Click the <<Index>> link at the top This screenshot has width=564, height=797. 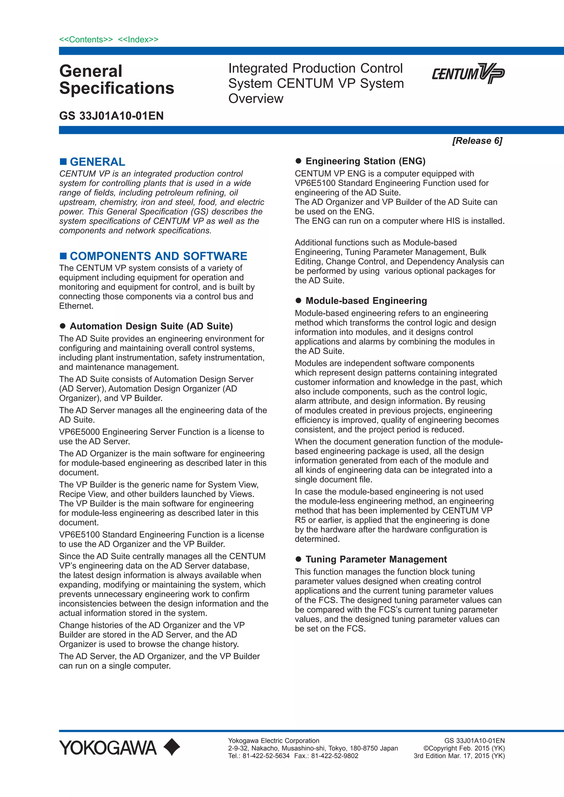coord(138,40)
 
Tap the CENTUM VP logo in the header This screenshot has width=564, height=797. coord(468,73)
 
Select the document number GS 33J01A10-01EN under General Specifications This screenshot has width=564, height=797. coord(112,116)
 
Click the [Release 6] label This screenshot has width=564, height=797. coord(477,141)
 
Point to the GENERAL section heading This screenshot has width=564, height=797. coord(97,162)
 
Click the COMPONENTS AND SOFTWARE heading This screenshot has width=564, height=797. coord(158,256)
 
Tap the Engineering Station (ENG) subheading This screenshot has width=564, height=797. coord(365,161)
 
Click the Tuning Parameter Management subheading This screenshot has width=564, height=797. coord(376,559)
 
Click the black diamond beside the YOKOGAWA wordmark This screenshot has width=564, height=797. coord(172,747)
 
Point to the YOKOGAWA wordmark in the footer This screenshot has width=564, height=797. coord(108,748)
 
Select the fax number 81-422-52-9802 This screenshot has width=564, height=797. coord(334,756)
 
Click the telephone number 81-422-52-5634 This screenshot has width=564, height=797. coord(266,756)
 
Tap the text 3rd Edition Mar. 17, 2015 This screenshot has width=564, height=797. coord(459,756)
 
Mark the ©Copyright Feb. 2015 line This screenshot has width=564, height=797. coord(464,748)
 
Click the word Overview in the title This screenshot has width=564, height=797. coord(256,99)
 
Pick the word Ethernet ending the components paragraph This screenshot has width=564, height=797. coord(75,306)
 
